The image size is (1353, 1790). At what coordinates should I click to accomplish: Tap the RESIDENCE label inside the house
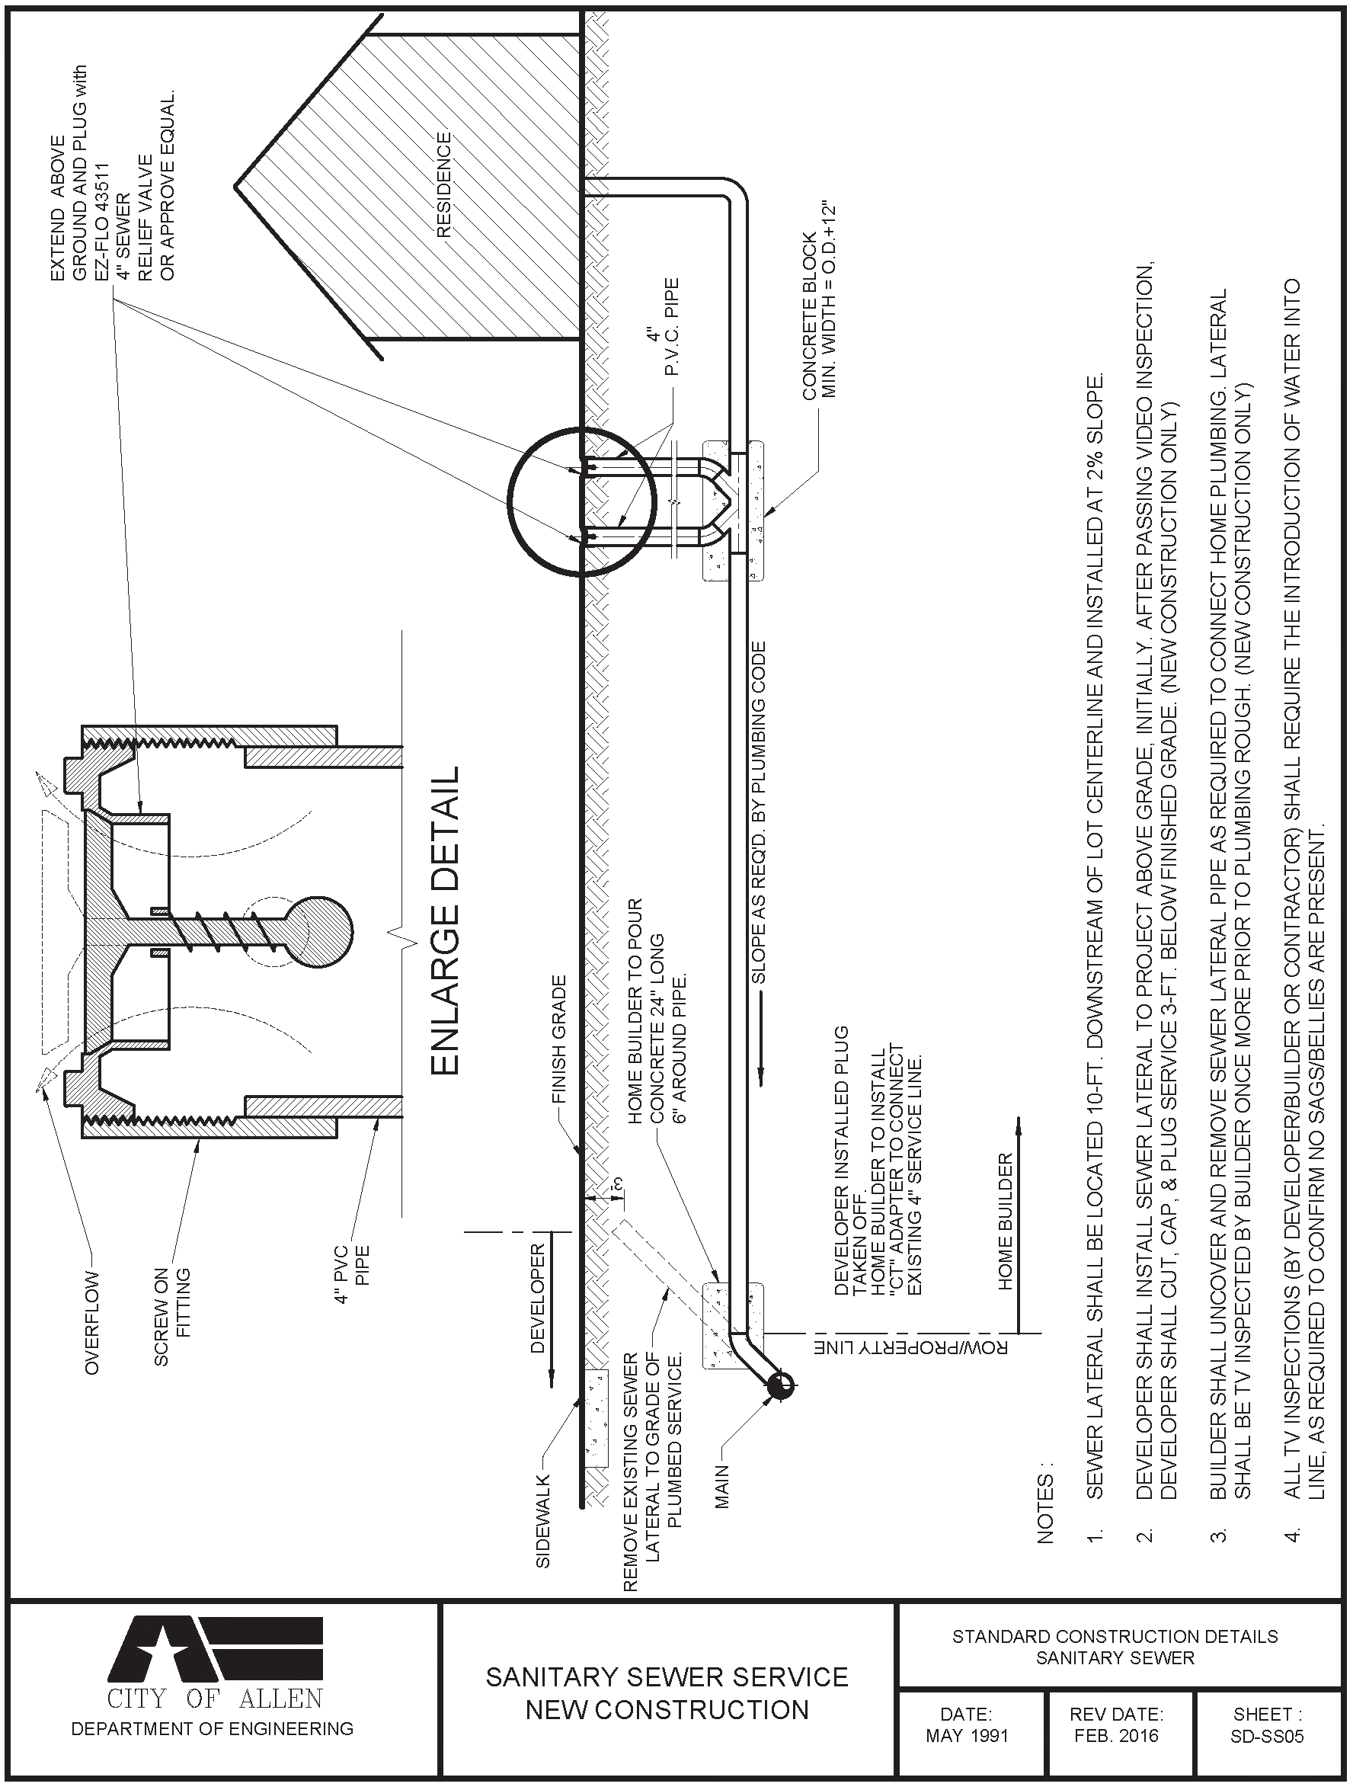pyautogui.click(x=443, y=185)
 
